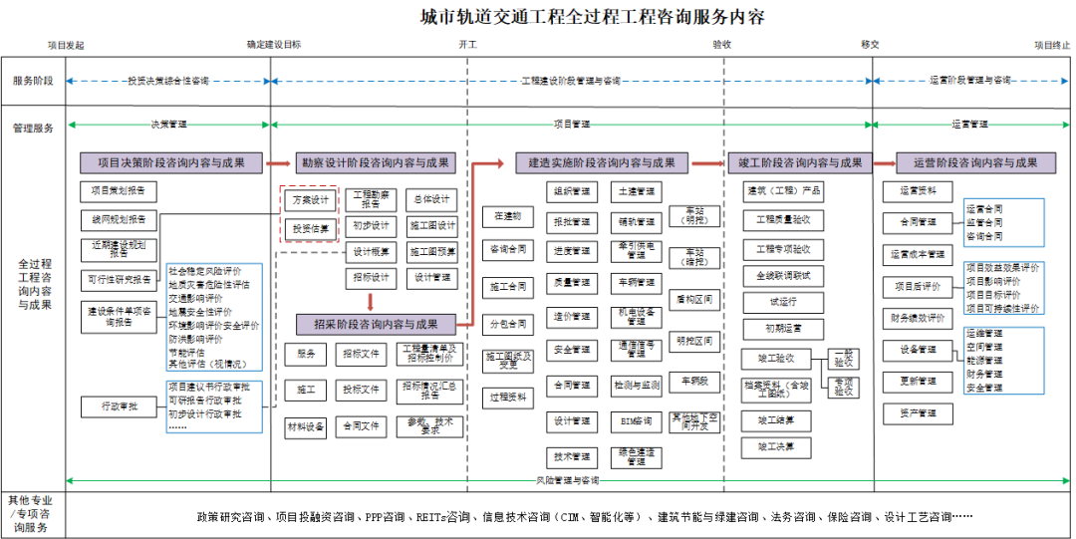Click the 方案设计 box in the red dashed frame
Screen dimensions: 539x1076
coord(310,200)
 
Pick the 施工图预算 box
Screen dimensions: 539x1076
coord(433,252)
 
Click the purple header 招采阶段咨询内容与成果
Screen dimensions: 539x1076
coord(376,324)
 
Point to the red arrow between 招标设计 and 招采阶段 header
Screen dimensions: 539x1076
coord(370,301)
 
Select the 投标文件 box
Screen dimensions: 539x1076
coord(361,390)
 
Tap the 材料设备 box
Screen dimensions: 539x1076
coord(306,426)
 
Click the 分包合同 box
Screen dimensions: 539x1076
coord(508,324)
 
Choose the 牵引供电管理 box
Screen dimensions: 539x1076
coord(636,250)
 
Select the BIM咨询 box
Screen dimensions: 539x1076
coord(636,421)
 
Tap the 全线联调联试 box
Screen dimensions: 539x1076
coord(783,275)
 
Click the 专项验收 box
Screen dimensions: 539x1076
coord(843,387)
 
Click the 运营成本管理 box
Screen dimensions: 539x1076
coord(917,254)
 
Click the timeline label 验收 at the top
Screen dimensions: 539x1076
coord(722,45)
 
